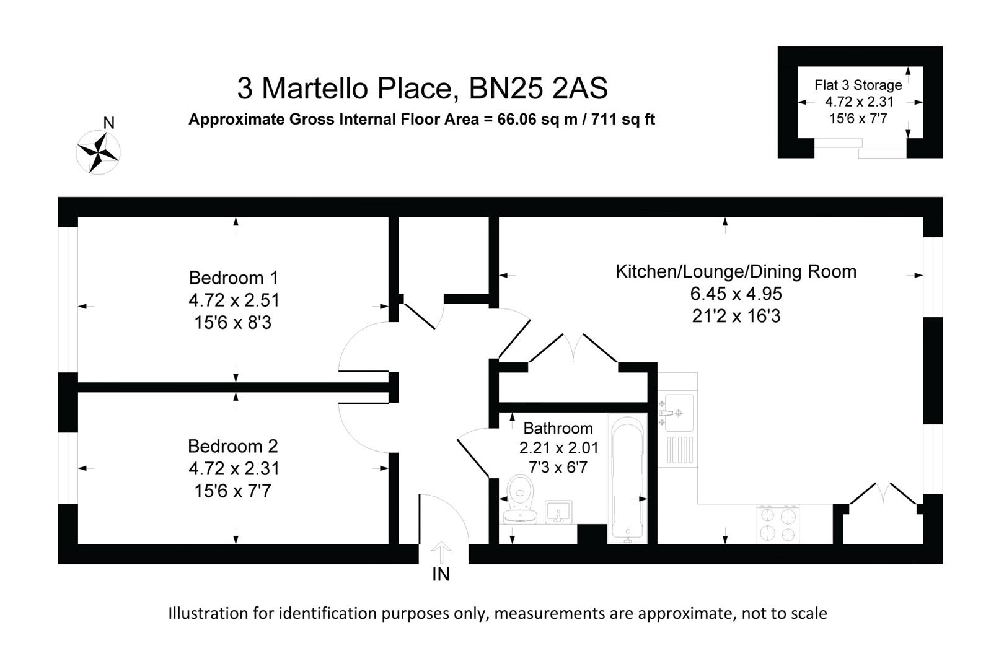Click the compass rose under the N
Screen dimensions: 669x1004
(98, 152)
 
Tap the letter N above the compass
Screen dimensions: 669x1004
(108, 123)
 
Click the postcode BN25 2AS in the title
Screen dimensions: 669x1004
(538, 89)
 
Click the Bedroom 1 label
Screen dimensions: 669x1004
(234, 278)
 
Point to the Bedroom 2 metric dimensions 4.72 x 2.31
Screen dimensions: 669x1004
(234, 468)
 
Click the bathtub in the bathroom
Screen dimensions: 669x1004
(627, 477)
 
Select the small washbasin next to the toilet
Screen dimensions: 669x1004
(558, 512)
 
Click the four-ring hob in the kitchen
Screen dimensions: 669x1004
(778, 524)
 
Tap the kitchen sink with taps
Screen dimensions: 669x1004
(676, 412)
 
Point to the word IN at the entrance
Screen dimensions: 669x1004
(441, 575)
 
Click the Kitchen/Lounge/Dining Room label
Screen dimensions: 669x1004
(736, 271)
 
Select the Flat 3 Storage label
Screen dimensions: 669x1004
(858, 85)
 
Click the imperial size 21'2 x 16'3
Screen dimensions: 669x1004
(736, 316)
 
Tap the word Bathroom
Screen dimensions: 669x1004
(558, 428)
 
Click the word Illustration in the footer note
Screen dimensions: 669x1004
(209, 613)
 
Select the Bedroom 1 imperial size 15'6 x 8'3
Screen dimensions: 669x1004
(233, 322)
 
